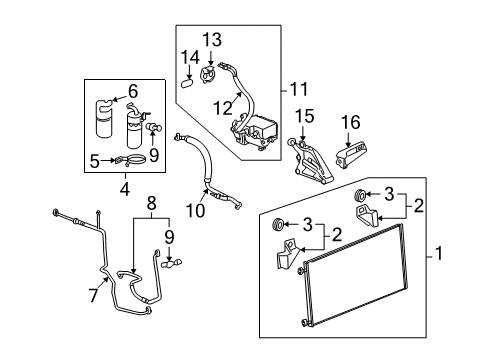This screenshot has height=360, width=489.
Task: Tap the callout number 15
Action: click(x=306, y=115)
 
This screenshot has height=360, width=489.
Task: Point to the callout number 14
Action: click(x=191, y=56)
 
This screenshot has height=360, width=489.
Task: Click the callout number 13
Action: click(x=210, y=39)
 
